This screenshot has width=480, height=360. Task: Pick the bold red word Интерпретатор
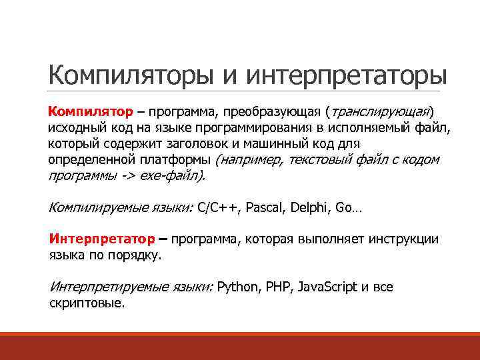99,239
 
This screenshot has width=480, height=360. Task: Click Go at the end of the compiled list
345,207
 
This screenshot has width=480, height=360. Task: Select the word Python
239,287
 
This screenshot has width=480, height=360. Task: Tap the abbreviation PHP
279,287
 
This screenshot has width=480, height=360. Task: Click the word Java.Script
327,287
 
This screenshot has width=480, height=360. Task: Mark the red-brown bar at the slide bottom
240,346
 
